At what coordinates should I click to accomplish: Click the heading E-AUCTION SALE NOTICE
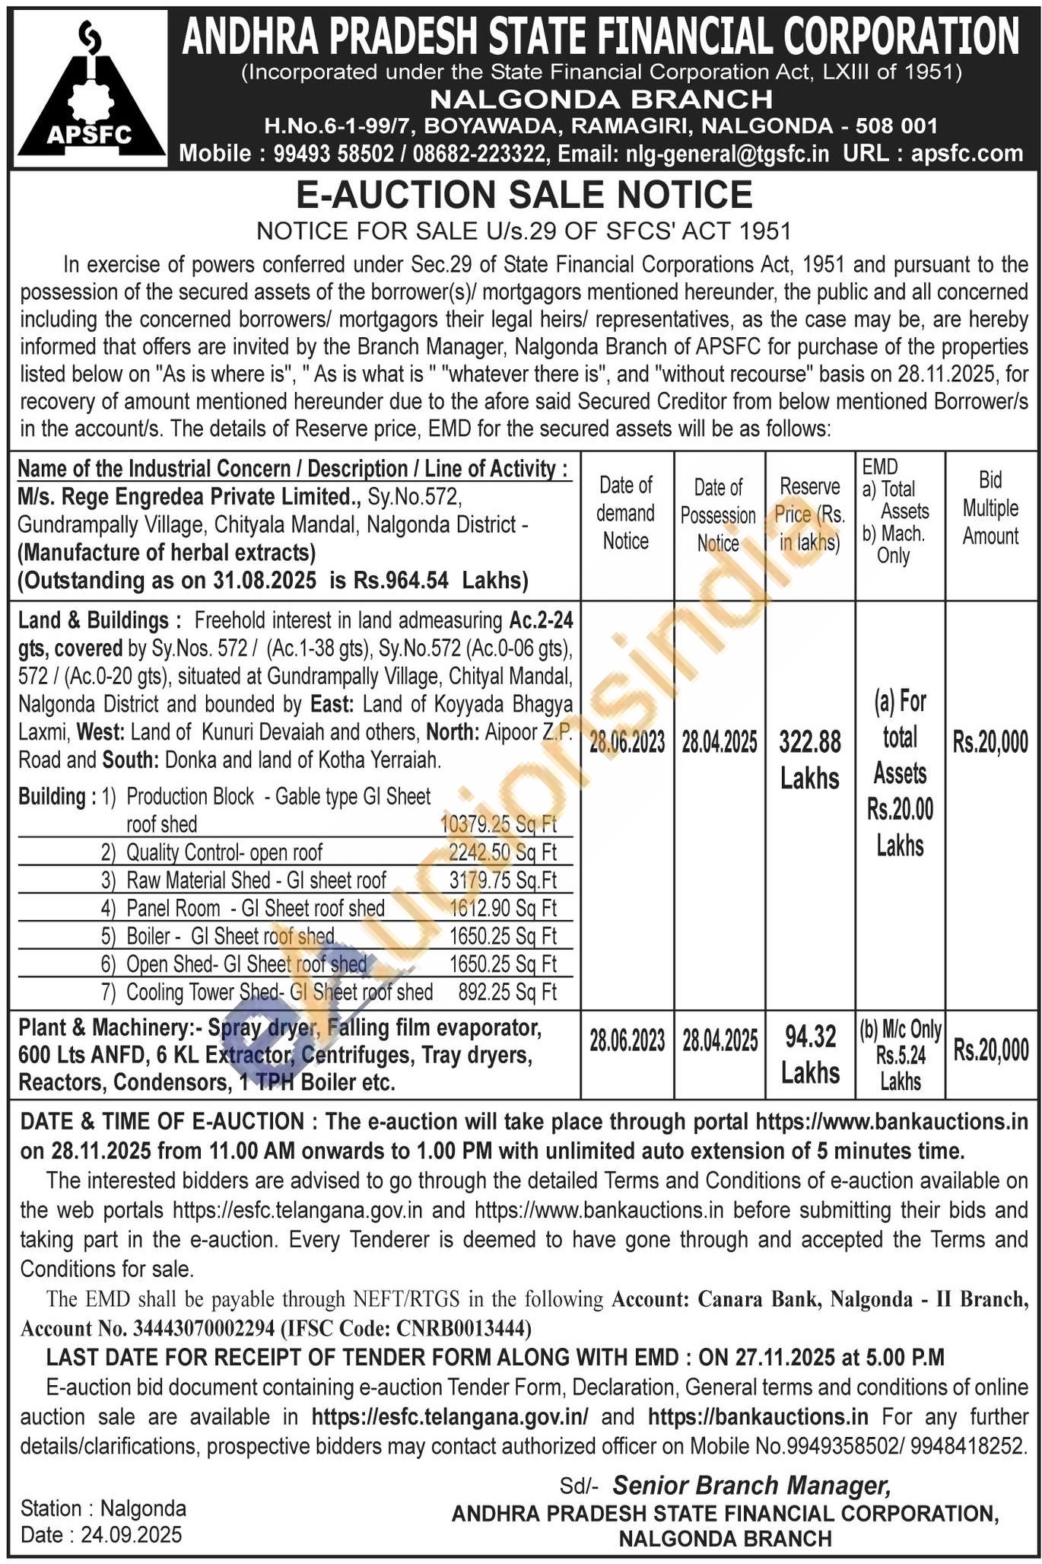tap(523, 195)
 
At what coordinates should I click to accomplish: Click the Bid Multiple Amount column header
tap(990, 508)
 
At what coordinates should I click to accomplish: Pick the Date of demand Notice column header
tap(625, 513)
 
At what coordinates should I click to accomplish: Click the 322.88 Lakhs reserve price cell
tap(809, 758)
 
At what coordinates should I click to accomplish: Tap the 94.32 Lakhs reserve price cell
tap(809, 1054)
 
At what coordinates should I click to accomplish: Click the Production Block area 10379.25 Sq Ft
tap(498, 823)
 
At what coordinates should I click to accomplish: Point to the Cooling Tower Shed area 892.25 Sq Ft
tap(507, 992)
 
